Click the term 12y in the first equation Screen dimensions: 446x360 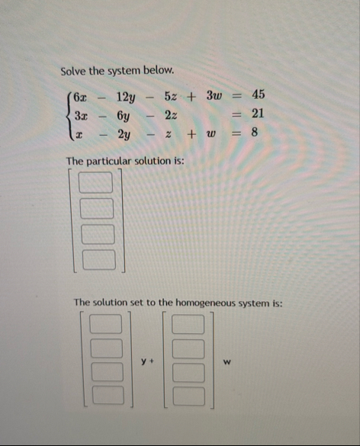click(126, 96)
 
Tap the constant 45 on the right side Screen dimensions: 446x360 click(258, 95)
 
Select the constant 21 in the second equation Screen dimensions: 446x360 click(258, 113)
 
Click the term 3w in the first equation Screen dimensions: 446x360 click(214, 95)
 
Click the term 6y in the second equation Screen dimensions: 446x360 click(126, 114)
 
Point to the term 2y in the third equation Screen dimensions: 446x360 click(126, 133)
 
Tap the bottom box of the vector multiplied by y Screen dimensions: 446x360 click(107, 396)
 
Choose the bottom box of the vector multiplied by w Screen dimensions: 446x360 click(191, 396)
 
